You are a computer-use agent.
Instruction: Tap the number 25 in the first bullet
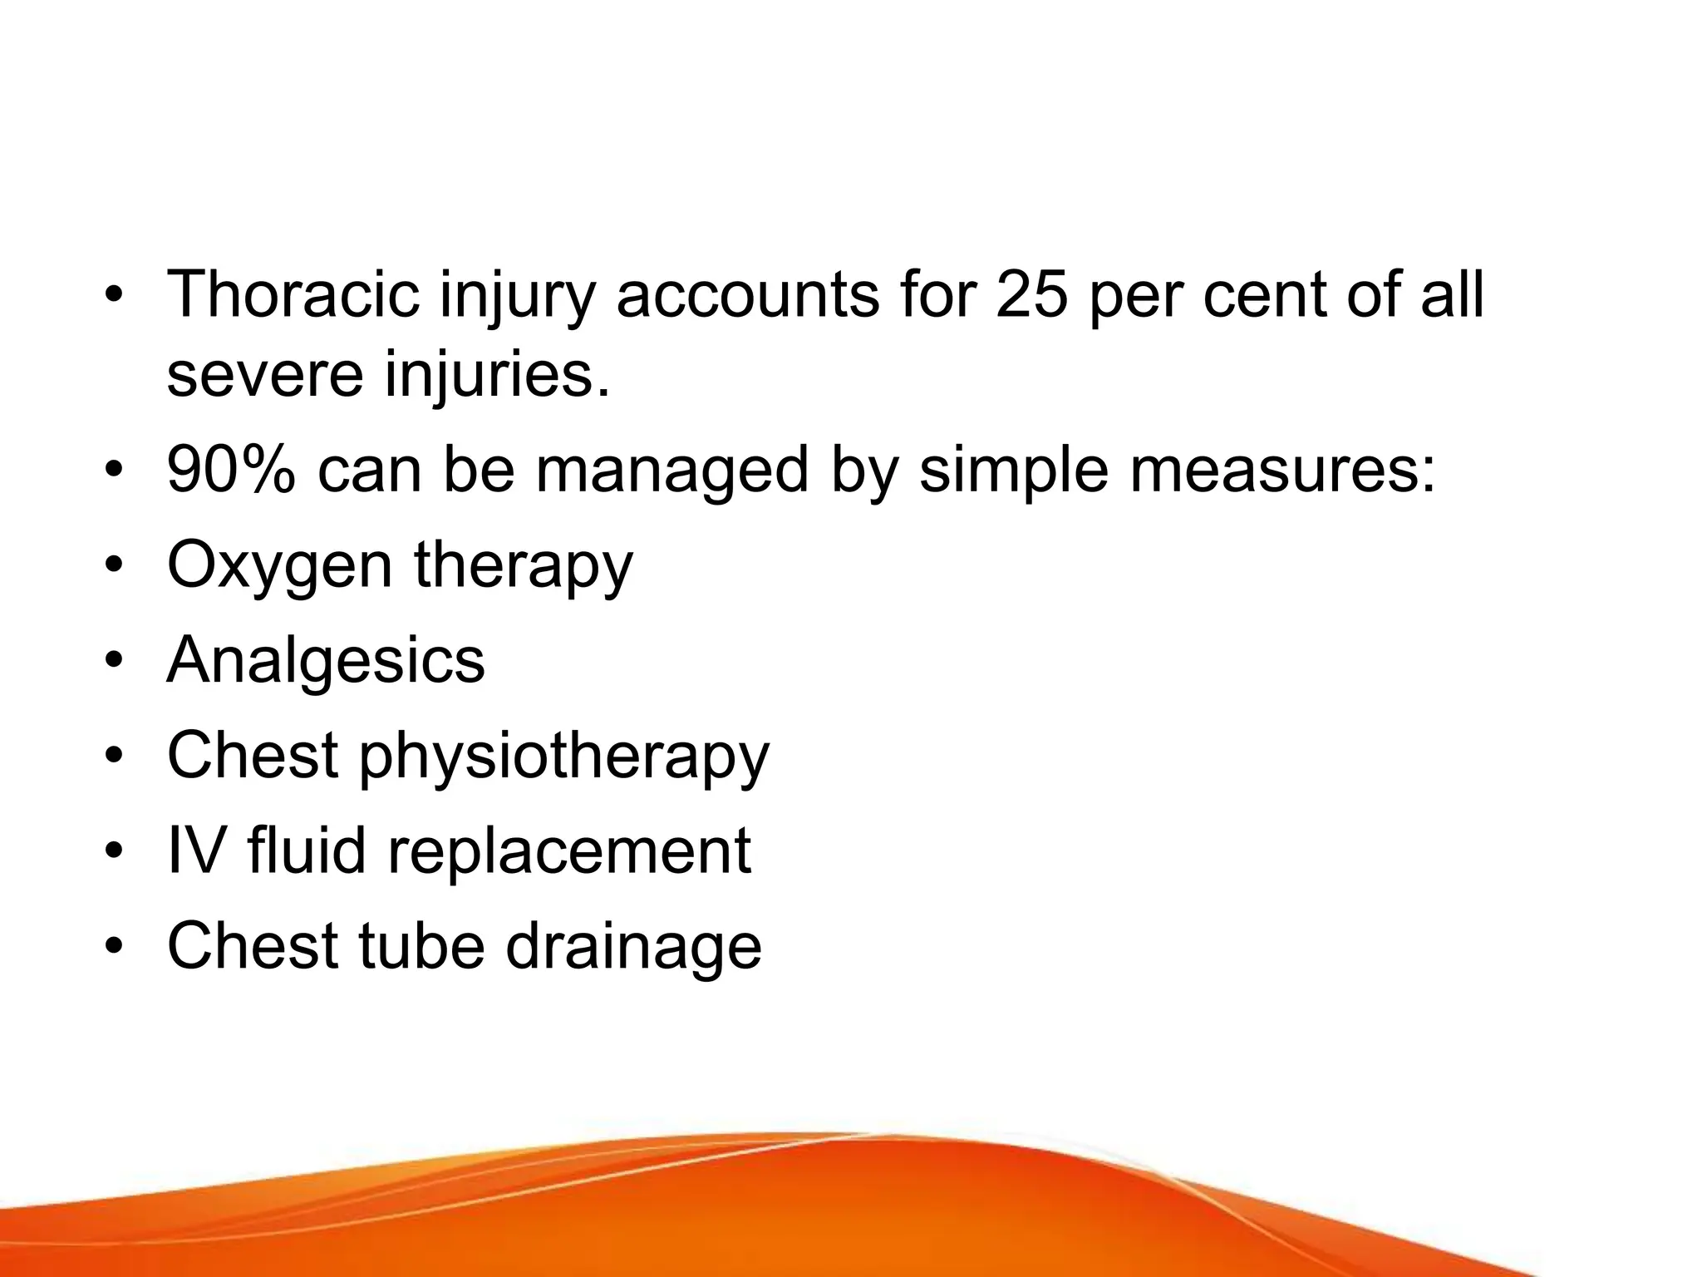[1031, 295]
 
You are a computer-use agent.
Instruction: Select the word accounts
[747, 295]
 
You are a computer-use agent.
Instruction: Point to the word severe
[265, 375]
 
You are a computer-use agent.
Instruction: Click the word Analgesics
[326, 661]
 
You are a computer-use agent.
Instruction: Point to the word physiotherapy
[564, 757]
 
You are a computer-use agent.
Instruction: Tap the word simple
[1013, 471]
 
